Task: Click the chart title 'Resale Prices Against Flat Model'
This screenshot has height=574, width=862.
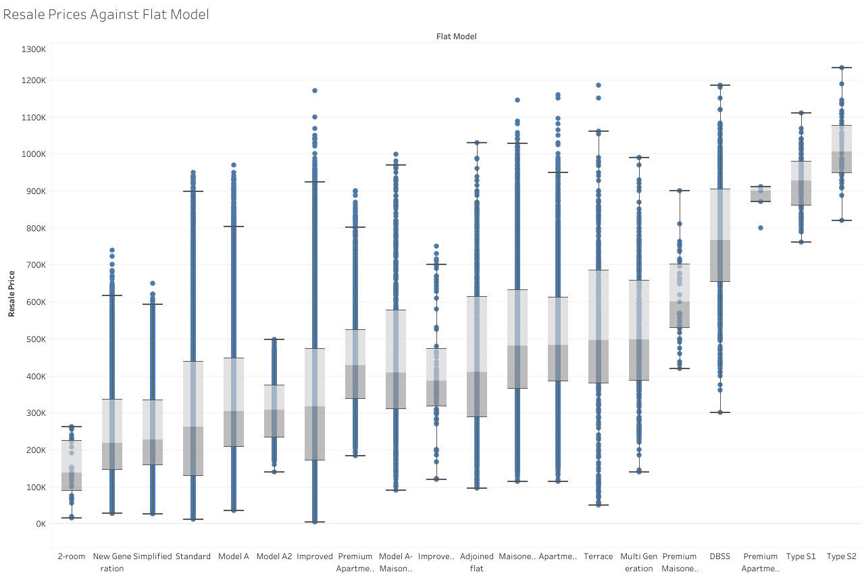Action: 106,14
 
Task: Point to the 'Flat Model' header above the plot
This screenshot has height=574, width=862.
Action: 456,37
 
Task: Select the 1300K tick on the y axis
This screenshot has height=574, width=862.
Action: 33,49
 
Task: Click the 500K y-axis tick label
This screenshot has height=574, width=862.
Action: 34,339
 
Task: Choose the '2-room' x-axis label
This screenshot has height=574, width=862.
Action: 71,556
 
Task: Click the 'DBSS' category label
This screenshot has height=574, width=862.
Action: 719,556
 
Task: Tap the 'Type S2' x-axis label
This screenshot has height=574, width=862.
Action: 841,556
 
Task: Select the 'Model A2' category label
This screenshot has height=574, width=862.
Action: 274,556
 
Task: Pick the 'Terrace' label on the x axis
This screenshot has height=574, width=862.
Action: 598,556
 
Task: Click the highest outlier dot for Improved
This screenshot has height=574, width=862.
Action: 314,91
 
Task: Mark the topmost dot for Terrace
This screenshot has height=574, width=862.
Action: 598,85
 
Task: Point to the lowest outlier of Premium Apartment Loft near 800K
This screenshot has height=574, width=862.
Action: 760,228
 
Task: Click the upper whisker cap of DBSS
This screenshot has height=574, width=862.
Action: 719,85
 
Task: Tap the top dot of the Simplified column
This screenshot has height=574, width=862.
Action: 152,283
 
